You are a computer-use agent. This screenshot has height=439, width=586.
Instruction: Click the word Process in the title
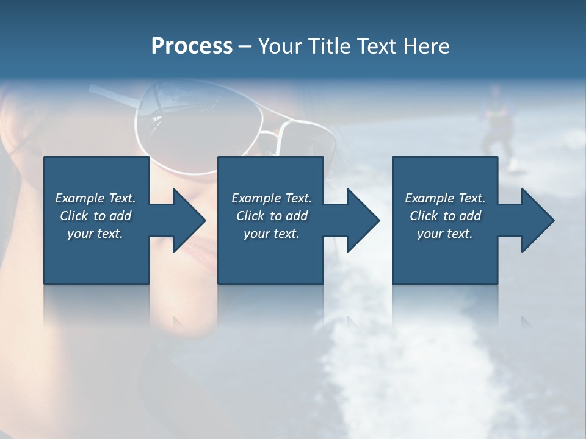coord(192,46)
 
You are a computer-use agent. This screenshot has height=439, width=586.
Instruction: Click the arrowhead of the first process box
coord(190,220)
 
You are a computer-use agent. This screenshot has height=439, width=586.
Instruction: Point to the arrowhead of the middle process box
coord(364,220)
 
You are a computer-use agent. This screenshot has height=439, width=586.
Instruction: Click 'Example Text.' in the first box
coord(95,198)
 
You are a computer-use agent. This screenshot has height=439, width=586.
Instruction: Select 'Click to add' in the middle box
coord(272,216)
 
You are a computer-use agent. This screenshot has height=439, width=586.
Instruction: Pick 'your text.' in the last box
coord(444,234)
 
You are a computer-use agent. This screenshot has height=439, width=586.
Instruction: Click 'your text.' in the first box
coord(95,234)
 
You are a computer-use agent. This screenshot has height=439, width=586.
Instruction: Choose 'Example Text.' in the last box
coord(444,198)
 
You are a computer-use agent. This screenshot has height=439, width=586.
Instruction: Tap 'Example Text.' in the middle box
coord(272,198)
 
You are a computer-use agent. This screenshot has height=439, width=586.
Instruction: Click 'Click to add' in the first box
coord(95,216)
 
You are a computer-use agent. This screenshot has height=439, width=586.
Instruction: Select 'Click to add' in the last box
coord(444,216)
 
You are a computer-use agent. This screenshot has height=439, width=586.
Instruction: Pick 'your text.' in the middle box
coord(272,234)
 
